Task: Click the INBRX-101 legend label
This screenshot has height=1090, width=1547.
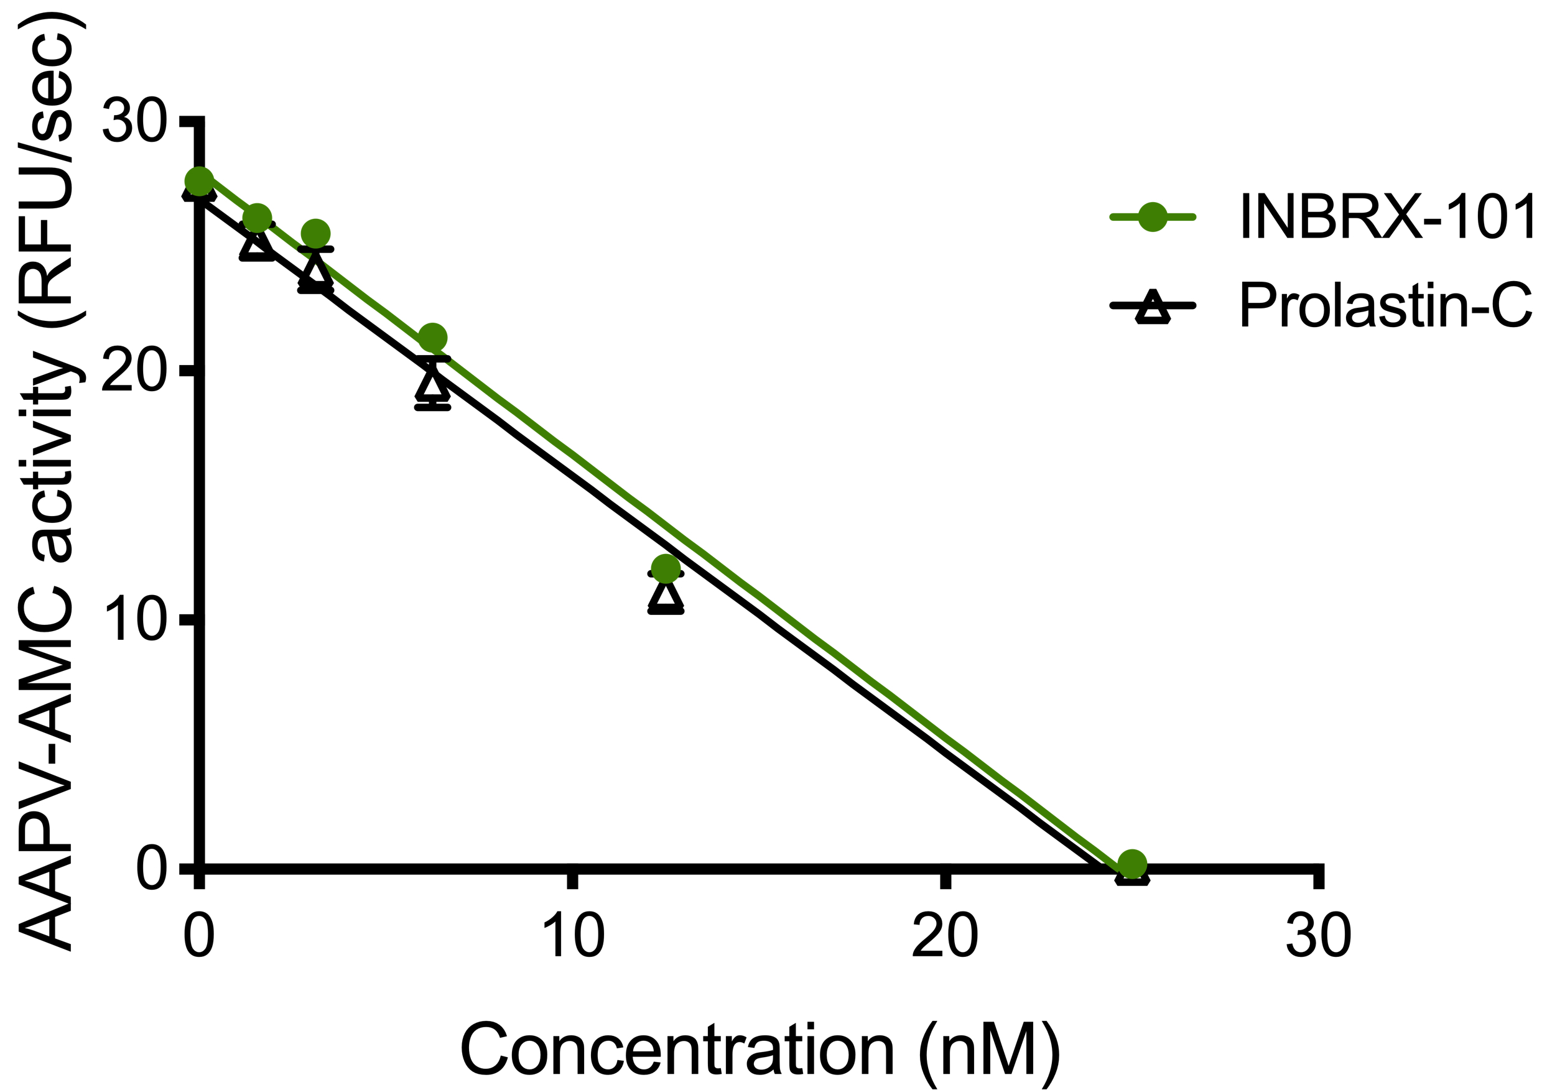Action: (x=1385, y=217)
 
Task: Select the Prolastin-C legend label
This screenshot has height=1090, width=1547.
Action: (x=1385, y=306)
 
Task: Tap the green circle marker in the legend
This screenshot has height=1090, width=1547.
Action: (x=1152, y=217)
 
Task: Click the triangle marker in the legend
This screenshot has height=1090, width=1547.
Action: (x=1152, y=307)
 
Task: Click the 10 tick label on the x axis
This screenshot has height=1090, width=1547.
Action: (x=573, y=936)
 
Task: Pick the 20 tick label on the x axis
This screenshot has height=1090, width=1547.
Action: (x=945, y=936)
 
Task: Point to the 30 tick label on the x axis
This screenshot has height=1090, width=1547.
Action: (x=1319, y=936)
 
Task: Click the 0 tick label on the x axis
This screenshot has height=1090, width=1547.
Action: (x=200, y=936)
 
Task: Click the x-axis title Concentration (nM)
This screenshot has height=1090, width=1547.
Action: (x=760, y=1050)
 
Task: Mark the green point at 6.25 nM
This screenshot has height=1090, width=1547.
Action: (x=432, y=338)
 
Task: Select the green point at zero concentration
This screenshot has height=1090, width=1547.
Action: (x=199, y=181)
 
